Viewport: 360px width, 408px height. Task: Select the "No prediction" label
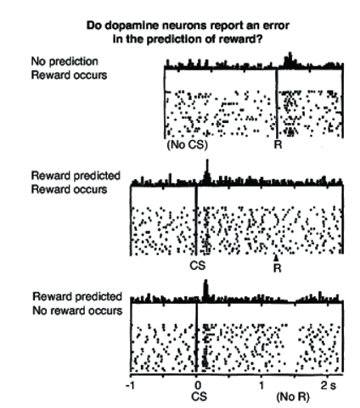[x=65, y=61]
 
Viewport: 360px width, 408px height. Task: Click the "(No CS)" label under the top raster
[x=187, y=145]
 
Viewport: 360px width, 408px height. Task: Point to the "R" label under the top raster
[x=278, y=145]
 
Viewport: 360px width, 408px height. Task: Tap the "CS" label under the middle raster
[x=198, y=265]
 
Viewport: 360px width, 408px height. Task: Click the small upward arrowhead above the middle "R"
[x=277, y=259]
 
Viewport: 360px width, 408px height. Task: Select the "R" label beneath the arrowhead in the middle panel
[x=278, y=268]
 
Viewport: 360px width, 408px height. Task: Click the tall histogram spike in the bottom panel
[x=205, y=290]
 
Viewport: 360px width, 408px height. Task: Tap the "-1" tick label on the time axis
[x=131, y=385]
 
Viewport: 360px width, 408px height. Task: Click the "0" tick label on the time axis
[x=198, y=385]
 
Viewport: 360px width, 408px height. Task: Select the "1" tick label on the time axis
[x=262, y=385]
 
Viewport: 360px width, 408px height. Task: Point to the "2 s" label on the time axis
[x=329, y=385]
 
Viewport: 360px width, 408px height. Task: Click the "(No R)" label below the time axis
[x=293, y=397]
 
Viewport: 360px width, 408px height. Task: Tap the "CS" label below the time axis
[x=199, y=397]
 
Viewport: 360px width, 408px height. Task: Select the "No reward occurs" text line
[x=77, y=310]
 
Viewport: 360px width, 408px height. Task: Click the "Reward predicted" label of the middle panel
[x=76, y=176]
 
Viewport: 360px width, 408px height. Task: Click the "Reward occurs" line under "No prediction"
[x=69, y=75]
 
